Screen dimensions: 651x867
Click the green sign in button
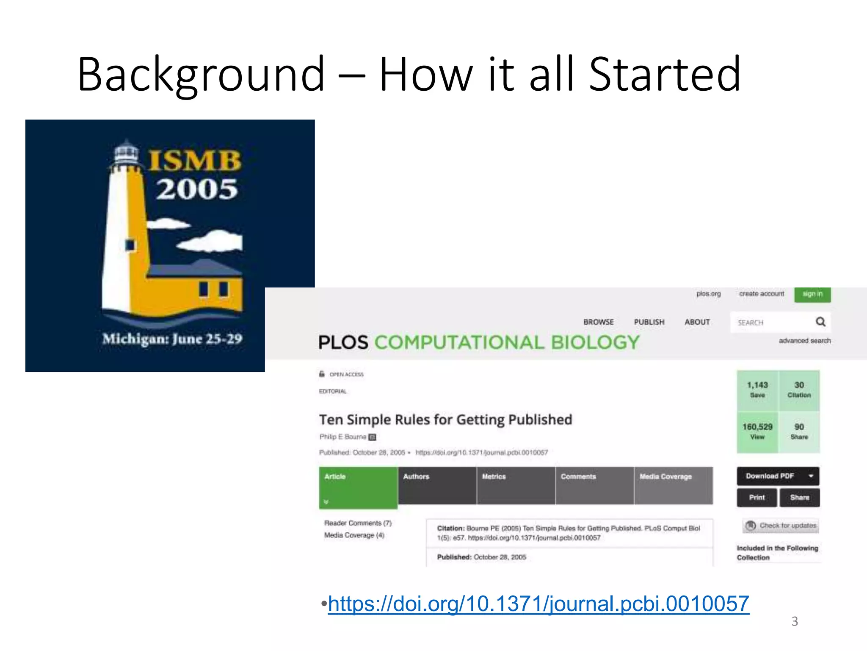pyautogui.click(x=812, y=294)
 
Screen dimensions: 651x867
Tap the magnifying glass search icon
pyautogui.click(x=820, y=322)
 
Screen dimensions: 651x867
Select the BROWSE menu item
pyautogui.click(x=598, y=322)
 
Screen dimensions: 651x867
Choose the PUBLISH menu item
pyautogui.click(x=649, y=322)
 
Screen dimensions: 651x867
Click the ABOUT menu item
pyautogui.click(x=697, y=322)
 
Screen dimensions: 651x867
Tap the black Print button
pyautogui.click(x=757, y=498)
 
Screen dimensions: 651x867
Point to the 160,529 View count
pyautogui.click(x=757, y=431)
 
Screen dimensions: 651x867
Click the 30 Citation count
pyautogui.click(x=799, y=389)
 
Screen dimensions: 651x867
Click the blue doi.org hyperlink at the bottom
pyautogui.click(x=538, y=604)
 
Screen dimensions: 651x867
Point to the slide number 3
pyautogui.click(x=795, y=621)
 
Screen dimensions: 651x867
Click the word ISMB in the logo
pyautogui.click(x=195, y=161)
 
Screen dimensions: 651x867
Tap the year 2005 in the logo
pyautogui.click(x=197, y=189)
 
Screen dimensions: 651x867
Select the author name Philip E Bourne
pyautogui.click(x=343, y=437)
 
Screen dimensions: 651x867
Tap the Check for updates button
pyautogui.click(x=781, y=526)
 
